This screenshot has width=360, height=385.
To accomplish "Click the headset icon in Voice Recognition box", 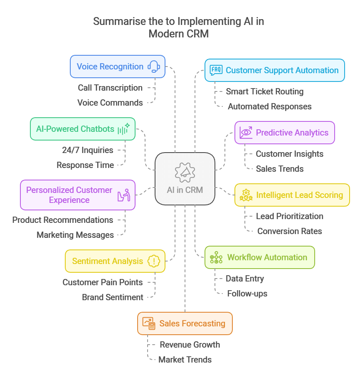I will coord(154,67).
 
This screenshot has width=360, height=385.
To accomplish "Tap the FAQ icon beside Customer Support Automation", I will coord(216,70).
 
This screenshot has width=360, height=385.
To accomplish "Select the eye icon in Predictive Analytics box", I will coord(246,133).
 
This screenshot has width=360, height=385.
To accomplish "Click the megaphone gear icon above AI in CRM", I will coord(185,171).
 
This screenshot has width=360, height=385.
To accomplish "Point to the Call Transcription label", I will coord(110,88).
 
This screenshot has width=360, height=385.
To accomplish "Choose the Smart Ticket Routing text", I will coord(264,91).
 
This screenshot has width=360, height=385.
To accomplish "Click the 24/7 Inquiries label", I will coord(88,150).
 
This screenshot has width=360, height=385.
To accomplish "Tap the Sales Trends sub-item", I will coord(279,169).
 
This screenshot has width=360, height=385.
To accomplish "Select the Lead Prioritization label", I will coord(289,216).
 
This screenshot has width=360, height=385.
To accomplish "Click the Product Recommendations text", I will coord(63,220).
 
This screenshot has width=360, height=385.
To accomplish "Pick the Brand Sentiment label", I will coord(113,297).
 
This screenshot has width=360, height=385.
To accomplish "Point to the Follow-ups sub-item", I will coord(247,294).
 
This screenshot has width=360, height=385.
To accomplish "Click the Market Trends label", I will coord(185,360).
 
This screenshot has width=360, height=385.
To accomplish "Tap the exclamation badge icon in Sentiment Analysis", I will coord(154,261).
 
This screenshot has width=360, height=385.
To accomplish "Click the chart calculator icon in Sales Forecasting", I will coord(149,323).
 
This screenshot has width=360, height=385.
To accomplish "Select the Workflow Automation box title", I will coord(267,257).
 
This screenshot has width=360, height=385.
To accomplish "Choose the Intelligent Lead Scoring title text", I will coord(299,195).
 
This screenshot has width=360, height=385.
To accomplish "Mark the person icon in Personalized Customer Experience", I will coord(124,195).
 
